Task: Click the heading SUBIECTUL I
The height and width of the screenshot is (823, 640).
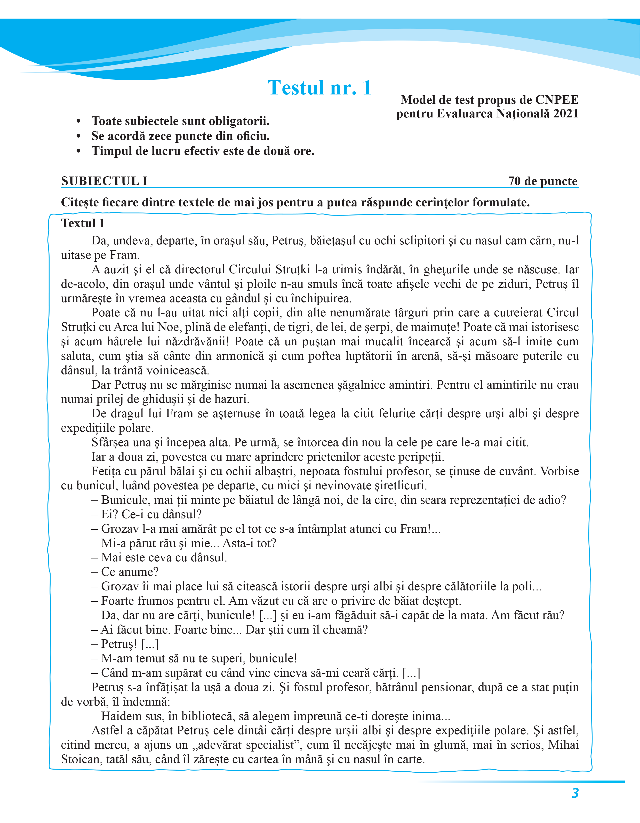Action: pos(104,181)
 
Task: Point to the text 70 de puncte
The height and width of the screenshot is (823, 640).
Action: pos(542,181)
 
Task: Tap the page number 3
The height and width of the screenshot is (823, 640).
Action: pos(575,793)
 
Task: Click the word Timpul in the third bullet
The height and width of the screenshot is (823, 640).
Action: pos(110,151)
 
